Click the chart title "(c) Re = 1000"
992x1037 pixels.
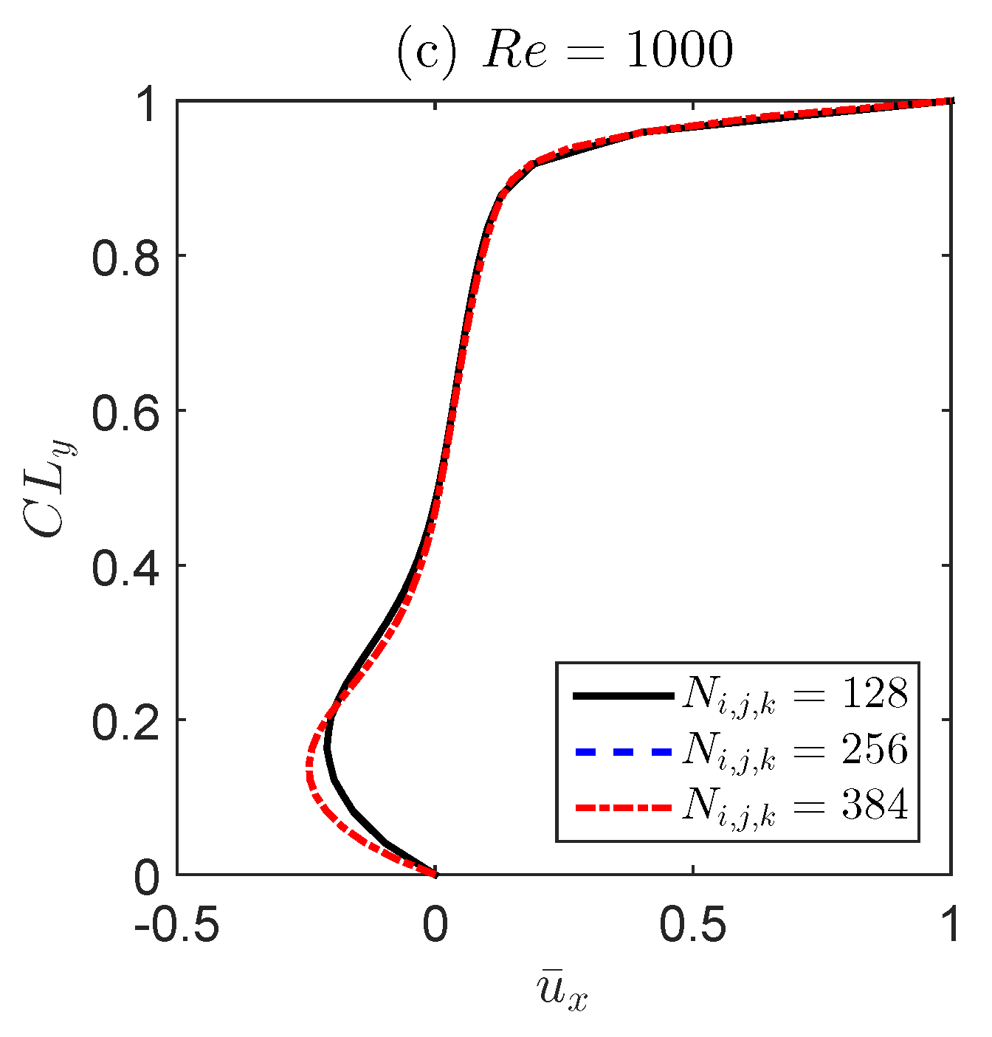coord(565,52)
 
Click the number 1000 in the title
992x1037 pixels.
coord(679,52)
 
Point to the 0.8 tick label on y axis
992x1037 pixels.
coord(125,256)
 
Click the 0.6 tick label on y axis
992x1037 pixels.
coord(125,411)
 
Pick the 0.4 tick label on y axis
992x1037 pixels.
coord(125,566)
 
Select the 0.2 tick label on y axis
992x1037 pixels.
coord(125,721)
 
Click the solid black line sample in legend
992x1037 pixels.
coord(622,695)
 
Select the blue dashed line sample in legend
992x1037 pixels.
coord(622,751)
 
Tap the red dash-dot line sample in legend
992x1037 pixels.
coord(622,807)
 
